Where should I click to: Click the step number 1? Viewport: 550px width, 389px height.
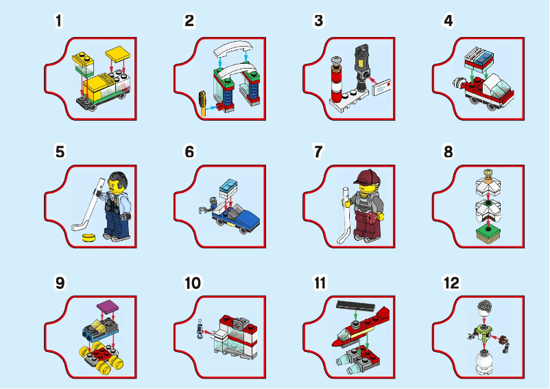pos(59,21)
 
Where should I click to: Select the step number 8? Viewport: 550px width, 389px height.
pos(448,152)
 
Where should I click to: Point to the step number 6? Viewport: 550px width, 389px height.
pos(189,152)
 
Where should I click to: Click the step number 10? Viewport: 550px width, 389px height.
pos(193,283)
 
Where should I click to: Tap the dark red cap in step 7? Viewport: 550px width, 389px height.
pos(366,178)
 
